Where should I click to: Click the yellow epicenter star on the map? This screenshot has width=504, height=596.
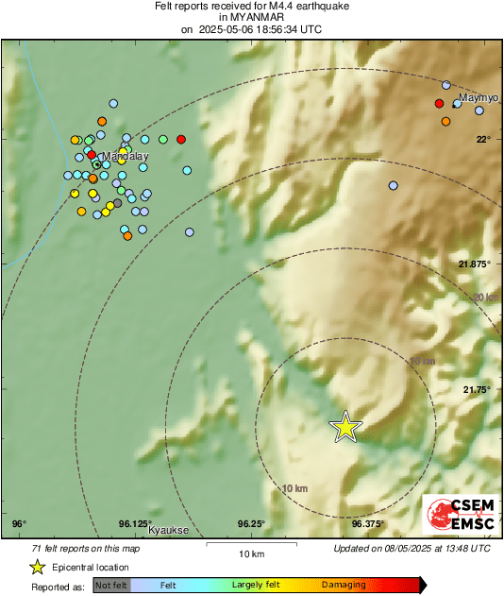pos(346,427)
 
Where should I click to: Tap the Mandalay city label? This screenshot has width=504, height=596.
pos(124,155)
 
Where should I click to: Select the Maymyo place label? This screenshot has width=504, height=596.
pos(477,98)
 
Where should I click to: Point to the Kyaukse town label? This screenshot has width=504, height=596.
pos(169,531)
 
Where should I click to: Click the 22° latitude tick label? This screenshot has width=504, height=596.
pos(482,139)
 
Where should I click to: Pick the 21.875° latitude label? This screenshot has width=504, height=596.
pos(474,264)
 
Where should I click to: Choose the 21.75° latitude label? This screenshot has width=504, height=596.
pos(476,389)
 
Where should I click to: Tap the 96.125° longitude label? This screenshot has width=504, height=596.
pos(135,523)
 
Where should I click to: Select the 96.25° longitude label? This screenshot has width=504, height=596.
pos(250,523)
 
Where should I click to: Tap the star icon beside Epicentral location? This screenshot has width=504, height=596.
pos(38,567)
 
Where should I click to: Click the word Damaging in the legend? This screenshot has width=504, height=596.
pos(344,586)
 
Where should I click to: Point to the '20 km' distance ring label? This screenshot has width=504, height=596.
pos(484,297)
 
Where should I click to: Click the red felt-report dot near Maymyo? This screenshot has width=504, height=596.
pos(439,103)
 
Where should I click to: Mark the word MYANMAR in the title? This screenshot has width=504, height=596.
pos(250,17)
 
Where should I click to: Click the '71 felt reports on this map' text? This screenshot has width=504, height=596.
pos(85,548)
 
